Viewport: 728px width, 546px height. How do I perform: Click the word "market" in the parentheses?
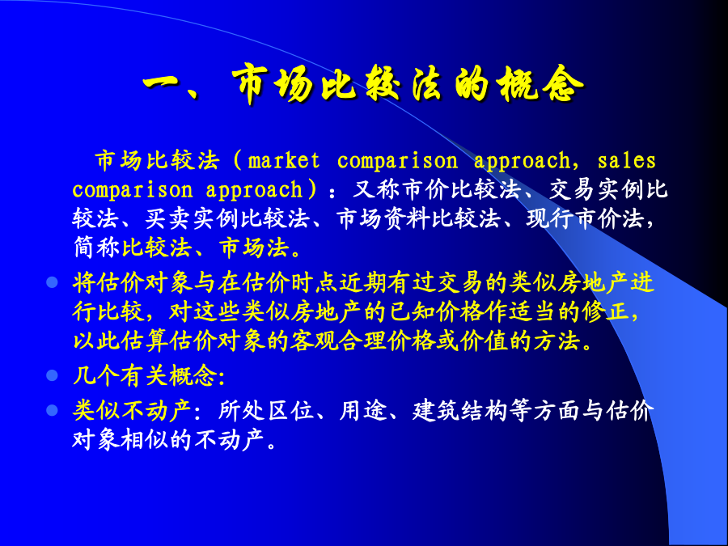tap(284, 161)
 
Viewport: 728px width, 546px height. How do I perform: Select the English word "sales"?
tap(626, 161)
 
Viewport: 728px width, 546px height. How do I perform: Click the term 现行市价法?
tap(586, 218)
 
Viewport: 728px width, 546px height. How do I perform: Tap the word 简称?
tap(96, 248)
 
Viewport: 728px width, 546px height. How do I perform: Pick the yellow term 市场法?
tap(254, 248)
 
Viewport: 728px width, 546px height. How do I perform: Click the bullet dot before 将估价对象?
tap(52, 281)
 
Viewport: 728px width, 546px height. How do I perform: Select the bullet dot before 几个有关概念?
tap(52, 375)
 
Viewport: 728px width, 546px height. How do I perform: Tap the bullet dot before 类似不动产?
tap(52, 410)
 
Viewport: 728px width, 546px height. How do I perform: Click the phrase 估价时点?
tap(290, 283)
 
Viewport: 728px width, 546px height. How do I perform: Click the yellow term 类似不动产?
tap(133, 411)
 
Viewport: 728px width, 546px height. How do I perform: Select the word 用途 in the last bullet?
tap(362, 411)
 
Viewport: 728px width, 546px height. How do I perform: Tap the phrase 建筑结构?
tap(459, 411)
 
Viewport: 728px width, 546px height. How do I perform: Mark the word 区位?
tap(290, 411)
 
